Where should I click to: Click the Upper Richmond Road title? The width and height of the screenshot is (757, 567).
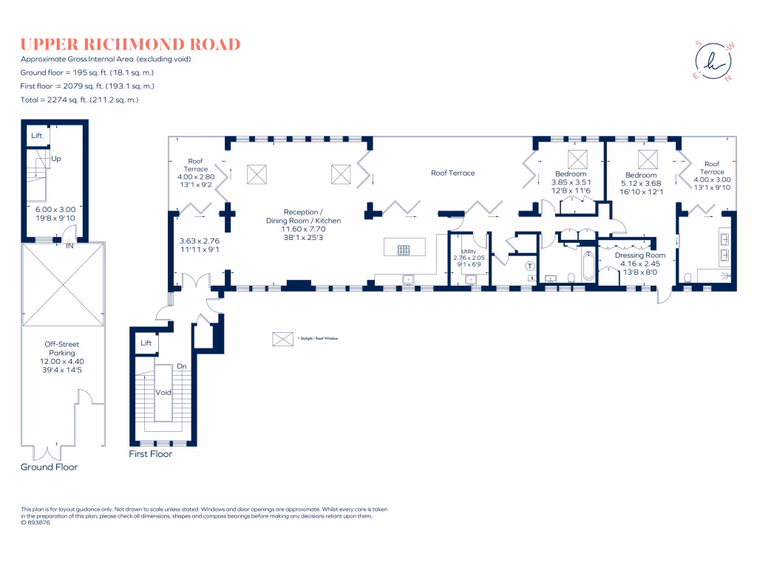[130, 44]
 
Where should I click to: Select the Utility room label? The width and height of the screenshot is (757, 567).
[469, 251]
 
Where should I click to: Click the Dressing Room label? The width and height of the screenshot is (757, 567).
[640, 255]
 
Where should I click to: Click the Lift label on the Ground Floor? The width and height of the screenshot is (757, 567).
[36, 136]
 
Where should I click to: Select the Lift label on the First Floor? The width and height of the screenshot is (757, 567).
[146, 343]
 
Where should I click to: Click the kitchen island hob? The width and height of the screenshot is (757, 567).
[404, 250]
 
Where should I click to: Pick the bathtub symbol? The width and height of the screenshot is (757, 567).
[588, 267]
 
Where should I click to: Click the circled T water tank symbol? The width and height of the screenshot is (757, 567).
[529, 266]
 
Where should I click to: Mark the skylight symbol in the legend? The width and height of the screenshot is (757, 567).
[282, 339]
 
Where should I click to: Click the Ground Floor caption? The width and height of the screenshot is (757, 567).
[49, 467]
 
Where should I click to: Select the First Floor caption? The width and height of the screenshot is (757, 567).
[151, 454]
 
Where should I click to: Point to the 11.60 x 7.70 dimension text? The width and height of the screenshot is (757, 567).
[304, 229]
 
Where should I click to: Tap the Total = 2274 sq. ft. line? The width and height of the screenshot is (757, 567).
[80, 99]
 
